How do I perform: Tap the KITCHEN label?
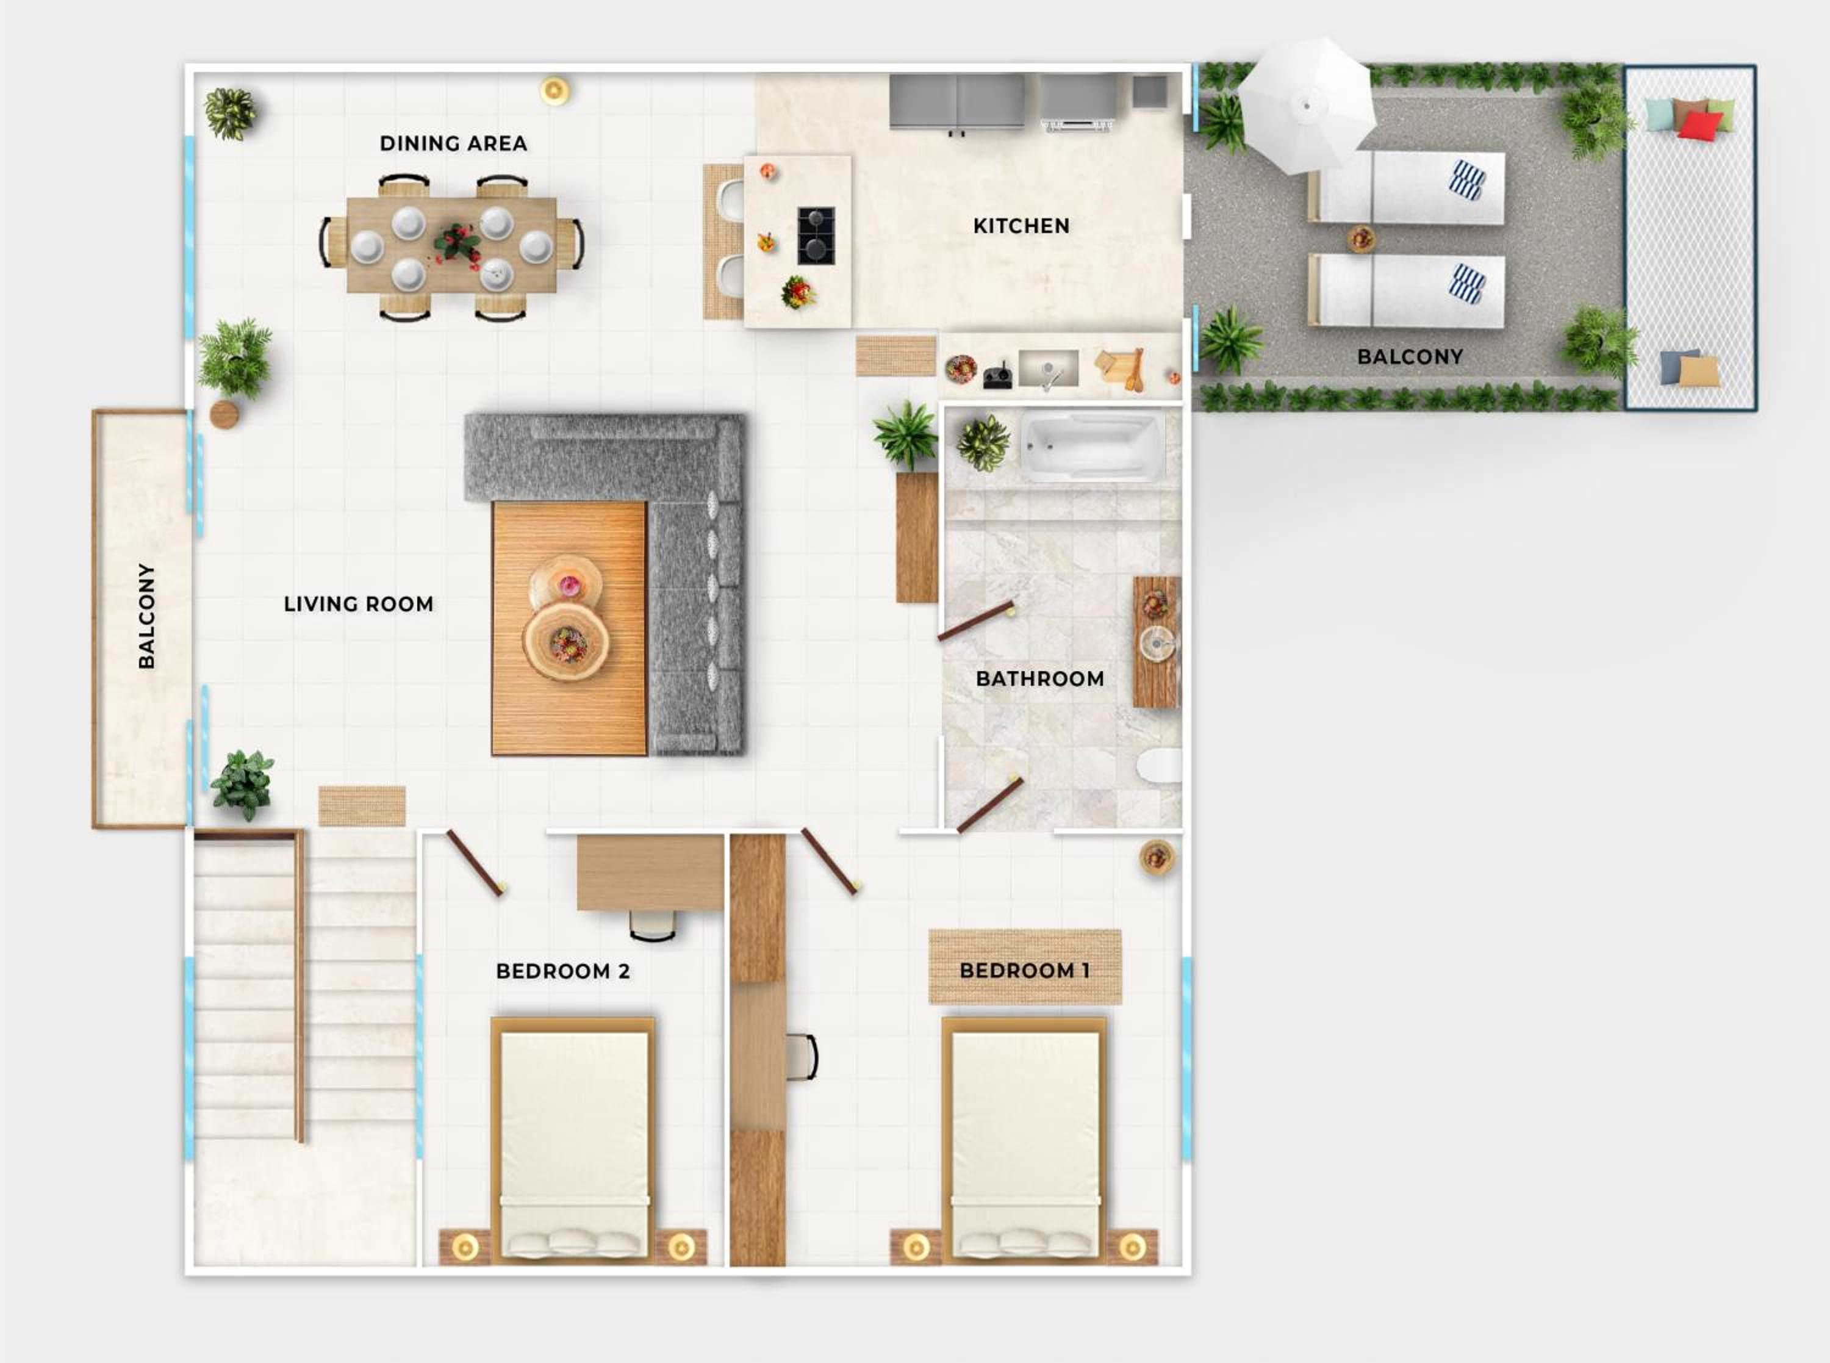tap(1021, 225)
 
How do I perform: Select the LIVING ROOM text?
tap(358, 604)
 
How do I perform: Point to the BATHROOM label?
tap(1040, 678)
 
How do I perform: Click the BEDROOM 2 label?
tap(563, 971)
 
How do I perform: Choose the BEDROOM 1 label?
tap(1024, 970)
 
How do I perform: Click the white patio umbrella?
tap(1307, 106)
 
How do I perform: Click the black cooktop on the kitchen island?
tap(816, 235)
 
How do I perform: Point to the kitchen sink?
tap(1048, 369)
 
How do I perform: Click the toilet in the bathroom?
tap(1159, 766)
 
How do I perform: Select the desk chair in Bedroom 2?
tap(652, 925)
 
